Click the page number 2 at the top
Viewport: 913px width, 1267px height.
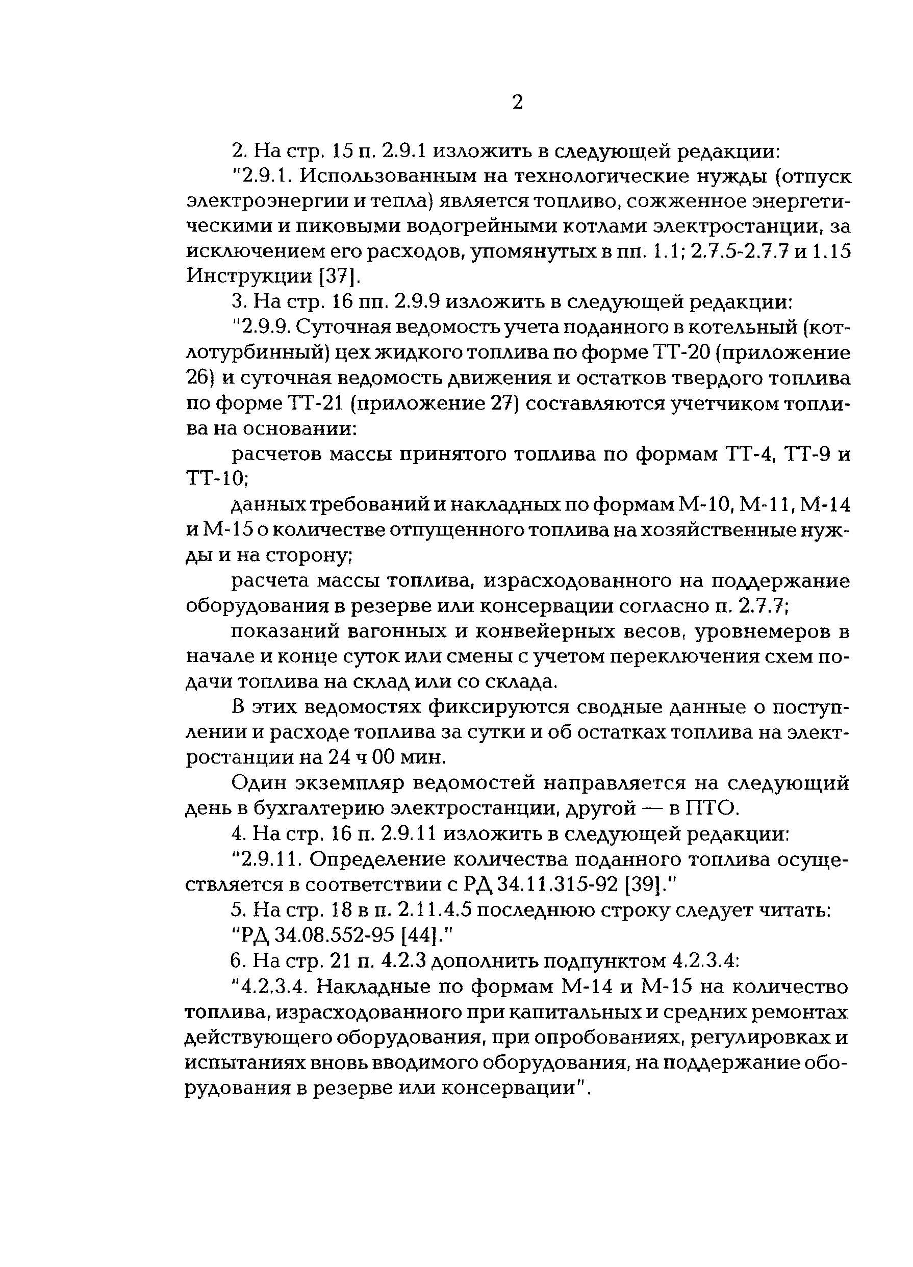[x=517, y=102]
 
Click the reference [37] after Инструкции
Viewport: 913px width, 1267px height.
[x=333, y=276]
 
